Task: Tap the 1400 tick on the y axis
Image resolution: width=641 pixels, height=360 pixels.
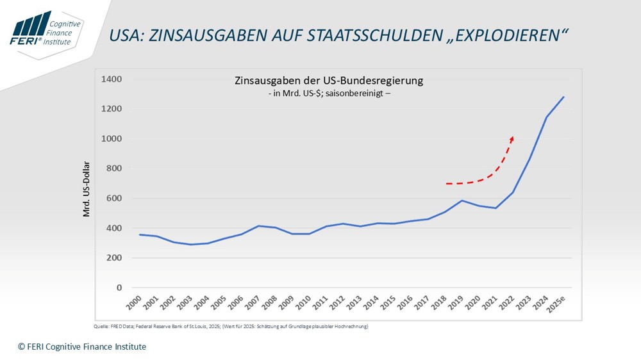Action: coord(111,79)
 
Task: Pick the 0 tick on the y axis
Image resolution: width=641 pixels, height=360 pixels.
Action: coord(119,288)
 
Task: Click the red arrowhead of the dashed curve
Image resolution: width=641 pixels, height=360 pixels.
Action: coord(512,138)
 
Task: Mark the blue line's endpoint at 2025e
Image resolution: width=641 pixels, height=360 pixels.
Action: coord(563,97)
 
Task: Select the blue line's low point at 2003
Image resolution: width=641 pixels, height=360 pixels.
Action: coord(190,244)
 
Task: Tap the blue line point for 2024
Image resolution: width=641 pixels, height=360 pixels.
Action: coord(546,117)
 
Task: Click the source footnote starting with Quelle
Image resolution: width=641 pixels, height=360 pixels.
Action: coord(231,327)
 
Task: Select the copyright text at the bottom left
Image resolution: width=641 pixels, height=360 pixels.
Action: coord(82,347)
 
